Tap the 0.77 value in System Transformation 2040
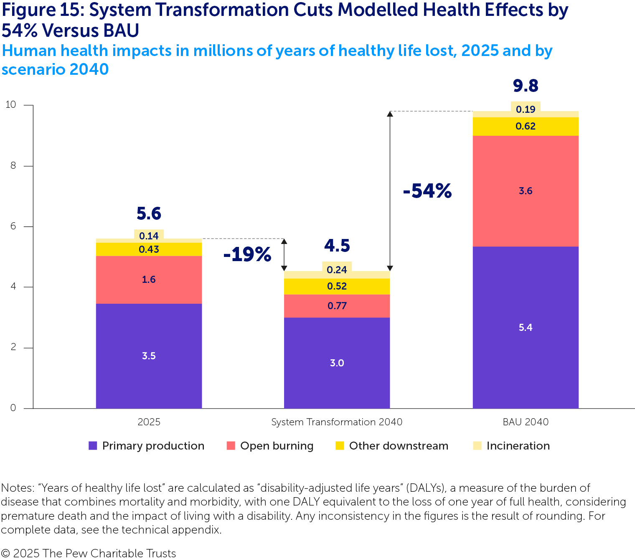[x=337, y=306]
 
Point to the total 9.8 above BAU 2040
[x=525, y=86]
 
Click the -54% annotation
[x=427, y=191]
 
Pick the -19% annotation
[x=247, y=254]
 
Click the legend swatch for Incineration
[x=477, y=446]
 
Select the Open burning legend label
[x=277, y=446]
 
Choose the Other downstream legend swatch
[x=340, y=446]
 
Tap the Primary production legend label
[x=153, y=446]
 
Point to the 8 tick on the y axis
[x=13, y=165]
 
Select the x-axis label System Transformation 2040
[x=337, y=422]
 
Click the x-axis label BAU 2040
[x=525, y=422]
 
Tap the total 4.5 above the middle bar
[x=337, y=246]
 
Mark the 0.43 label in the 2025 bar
[x=149, y=249]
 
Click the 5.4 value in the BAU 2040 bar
[x=525, y=328]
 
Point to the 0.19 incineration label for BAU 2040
[x=525, y=109]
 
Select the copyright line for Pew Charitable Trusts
[x=89, y=553]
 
